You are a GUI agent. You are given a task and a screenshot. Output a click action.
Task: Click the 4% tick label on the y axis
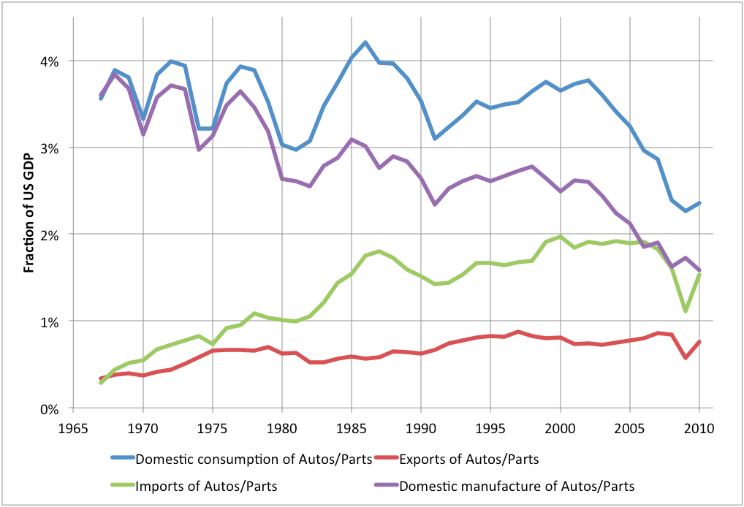click(50, 61)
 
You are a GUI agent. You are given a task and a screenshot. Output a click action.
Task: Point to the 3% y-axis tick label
click(50, 148)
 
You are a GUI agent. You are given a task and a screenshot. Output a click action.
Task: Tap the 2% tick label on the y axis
click(50, 235)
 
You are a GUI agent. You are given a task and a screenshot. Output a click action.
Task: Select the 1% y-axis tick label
click(50, 321)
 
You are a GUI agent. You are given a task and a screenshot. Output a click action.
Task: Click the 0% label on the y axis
click(50, 408)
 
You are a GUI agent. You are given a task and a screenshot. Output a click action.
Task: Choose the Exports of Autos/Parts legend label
click(471, 458)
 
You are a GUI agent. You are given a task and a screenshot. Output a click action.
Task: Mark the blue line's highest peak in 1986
click(365, 42)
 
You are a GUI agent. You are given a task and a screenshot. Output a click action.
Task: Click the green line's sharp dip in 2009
click(686, 310)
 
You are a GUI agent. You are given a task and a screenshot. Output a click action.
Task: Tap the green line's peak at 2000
click(561, 237)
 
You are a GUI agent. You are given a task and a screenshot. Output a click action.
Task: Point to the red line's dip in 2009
click(686, 358)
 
